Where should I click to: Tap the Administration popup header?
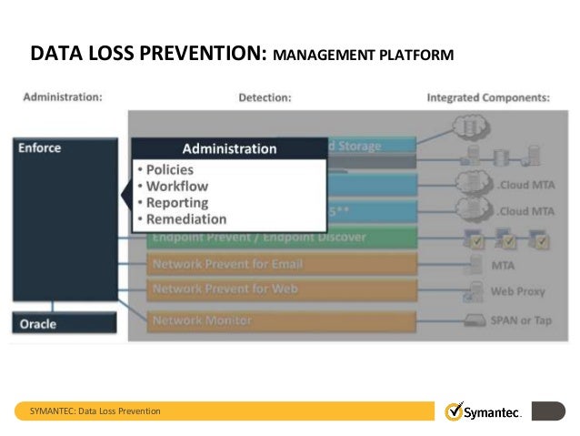click(229, 148)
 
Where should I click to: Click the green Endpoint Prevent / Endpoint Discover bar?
click(281, 238)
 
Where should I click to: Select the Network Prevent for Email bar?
click(281, 265)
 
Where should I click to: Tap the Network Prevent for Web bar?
click(281, 290)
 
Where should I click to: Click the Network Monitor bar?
click(281, 320)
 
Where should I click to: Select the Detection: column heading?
click(265, 96)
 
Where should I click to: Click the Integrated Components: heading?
click(487, 96)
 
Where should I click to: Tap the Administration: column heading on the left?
click(62, 96)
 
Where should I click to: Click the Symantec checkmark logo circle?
click(454, 411)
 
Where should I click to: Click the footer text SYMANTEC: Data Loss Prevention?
click(95, 411)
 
